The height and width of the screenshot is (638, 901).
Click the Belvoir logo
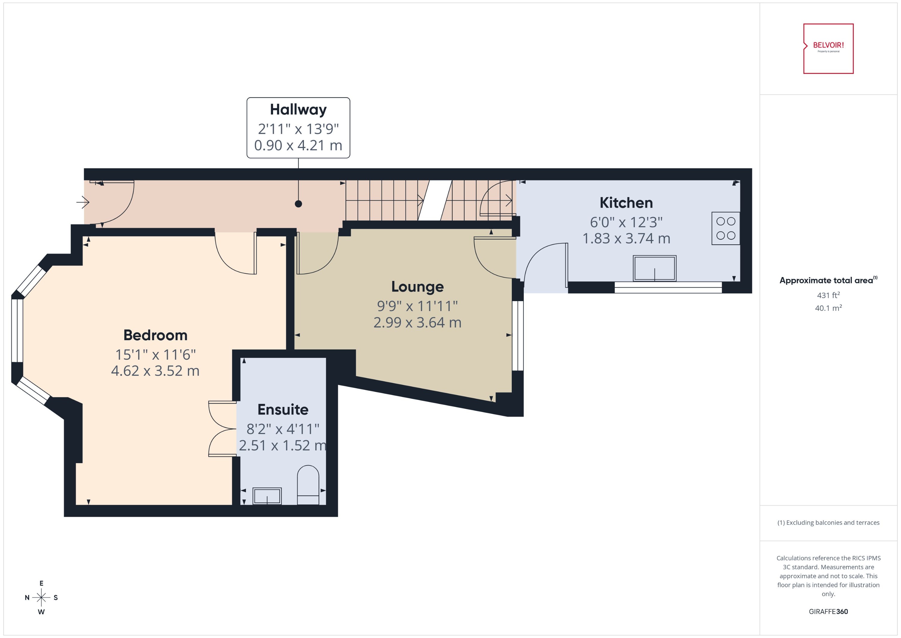pyautogui.click(x=828, y=49)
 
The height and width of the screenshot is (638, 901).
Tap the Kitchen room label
pyautogui.click(x=626, y=203)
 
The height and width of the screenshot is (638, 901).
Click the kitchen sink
pyautogui.click(x=654, y=268)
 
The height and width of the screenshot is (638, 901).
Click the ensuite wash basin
pyautogui.click(x=267, y=496)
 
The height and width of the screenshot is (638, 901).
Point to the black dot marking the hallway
pyautogui.click(x=298, y=203)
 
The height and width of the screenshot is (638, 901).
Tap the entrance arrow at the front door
pyautogui.click(x=83, y=202)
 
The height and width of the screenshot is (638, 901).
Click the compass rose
pyautogui.click(x=41, y=597)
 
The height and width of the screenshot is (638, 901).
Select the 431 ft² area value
pyautogui.click(x=828, y=295)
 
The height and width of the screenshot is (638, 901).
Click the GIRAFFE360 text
pyautogui.click(x=828, y=611)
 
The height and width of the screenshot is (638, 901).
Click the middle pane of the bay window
pyautogui.click(x=17, y=330)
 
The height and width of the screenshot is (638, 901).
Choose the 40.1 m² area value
pyautogui.click(x=828, y=308)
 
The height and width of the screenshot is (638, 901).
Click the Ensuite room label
pyautogui.click(x=283, y=409)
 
